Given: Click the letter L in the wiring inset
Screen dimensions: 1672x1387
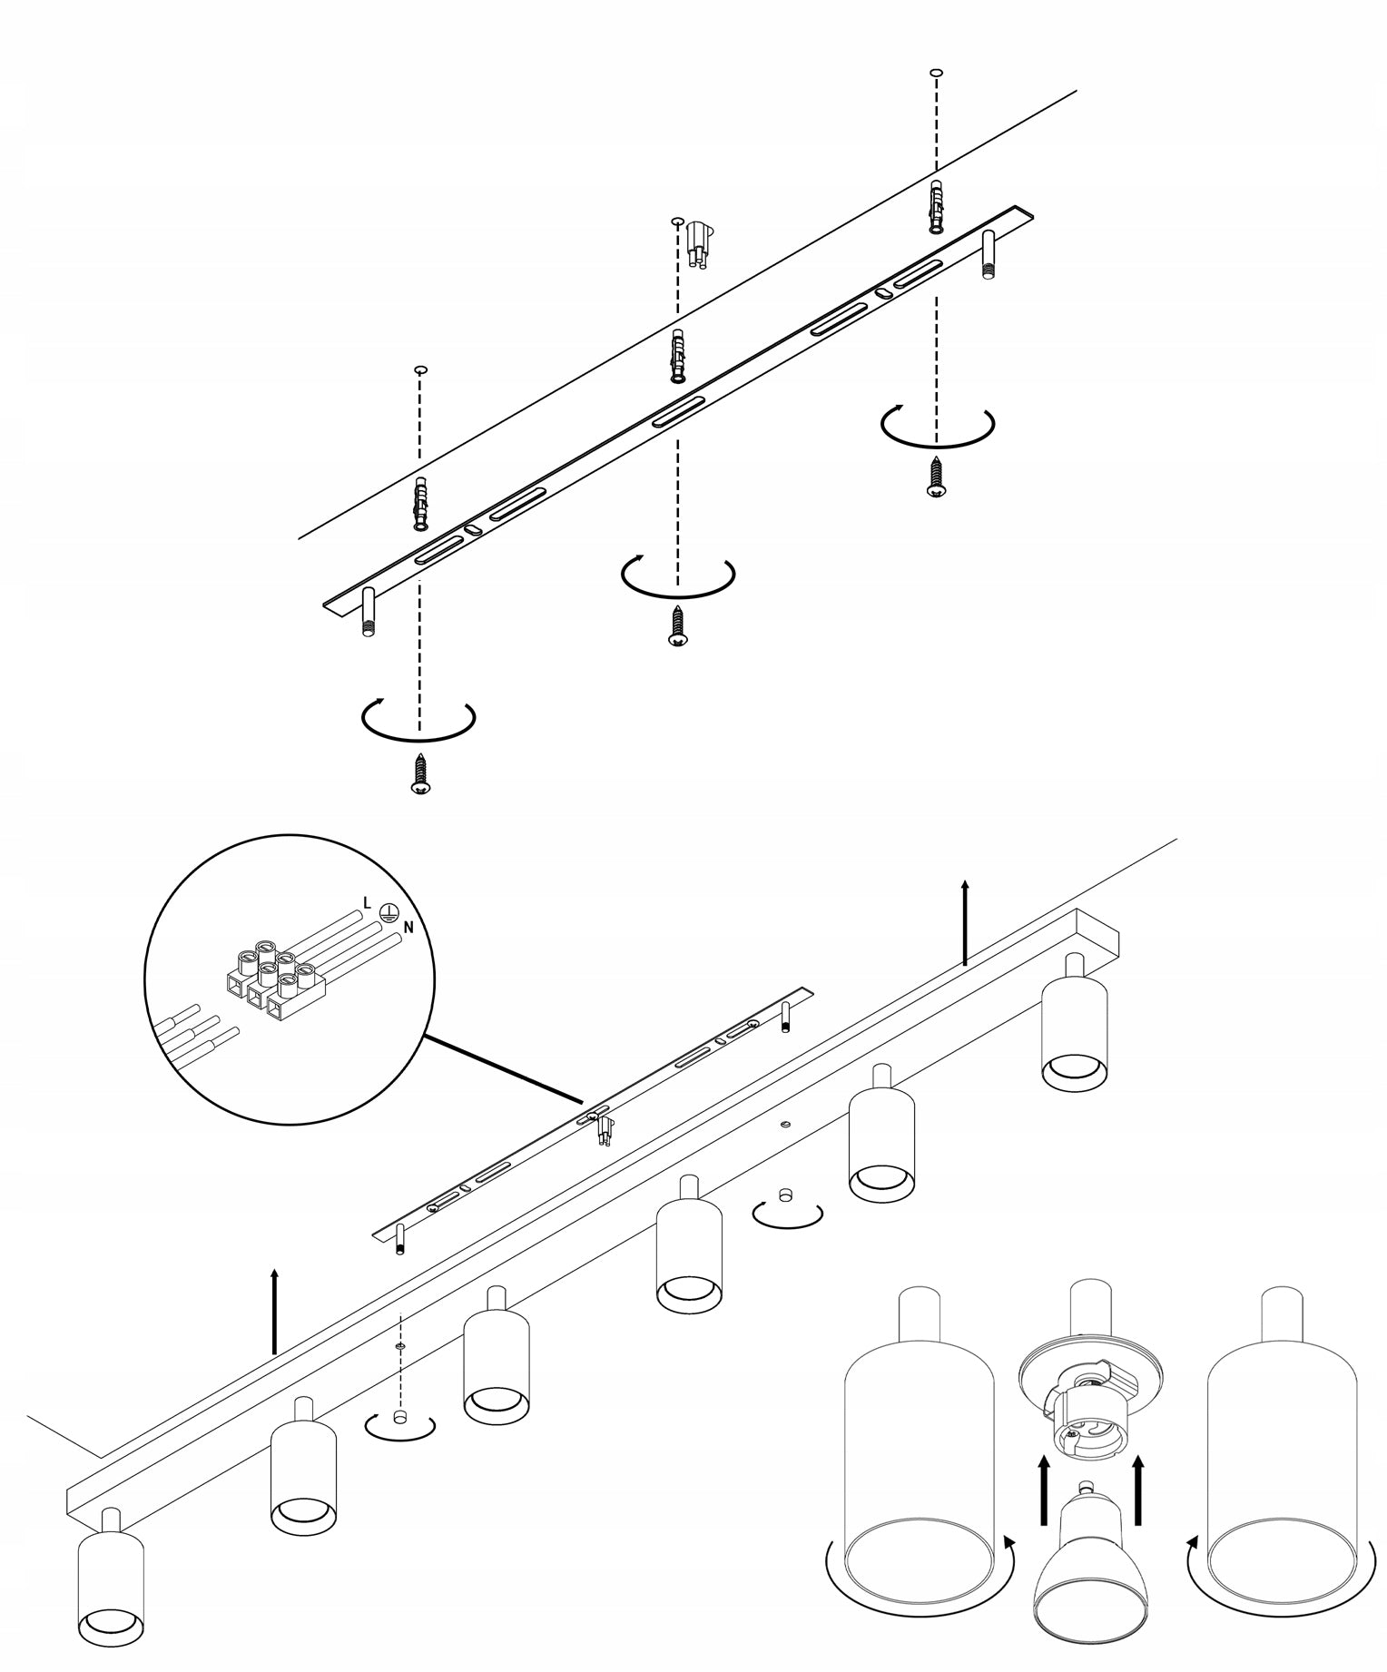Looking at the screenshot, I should (366, 902).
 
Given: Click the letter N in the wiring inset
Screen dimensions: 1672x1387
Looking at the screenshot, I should (408, 928).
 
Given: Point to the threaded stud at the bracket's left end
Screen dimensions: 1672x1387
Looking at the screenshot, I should (369, 613).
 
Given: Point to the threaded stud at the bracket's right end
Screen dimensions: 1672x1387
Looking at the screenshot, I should (989, 254).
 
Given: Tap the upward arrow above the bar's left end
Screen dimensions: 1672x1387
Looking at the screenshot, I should (274, 1312).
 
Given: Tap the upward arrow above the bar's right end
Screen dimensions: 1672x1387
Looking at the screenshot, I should (965, 920).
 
